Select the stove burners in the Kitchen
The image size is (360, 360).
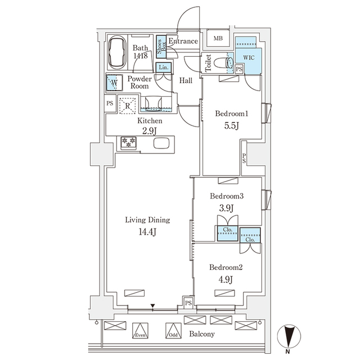pyautogui.click(x=128, y=143)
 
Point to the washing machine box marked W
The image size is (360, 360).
pyautogui.click(x=114, y=83)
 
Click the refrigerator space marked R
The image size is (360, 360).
pyautogui.click(x=128, y=105)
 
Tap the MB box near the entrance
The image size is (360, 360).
pyautogui.click(x=217, y=39)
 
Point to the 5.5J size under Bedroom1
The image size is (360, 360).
pyautogui.click(x=232, y=125)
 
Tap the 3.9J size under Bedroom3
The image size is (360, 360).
pyautogui.click(x=227, y=208)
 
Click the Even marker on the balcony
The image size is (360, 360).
pyautogui.click(x=141, y=334)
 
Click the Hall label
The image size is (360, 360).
pyautogui.click(x=186, y=80)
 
